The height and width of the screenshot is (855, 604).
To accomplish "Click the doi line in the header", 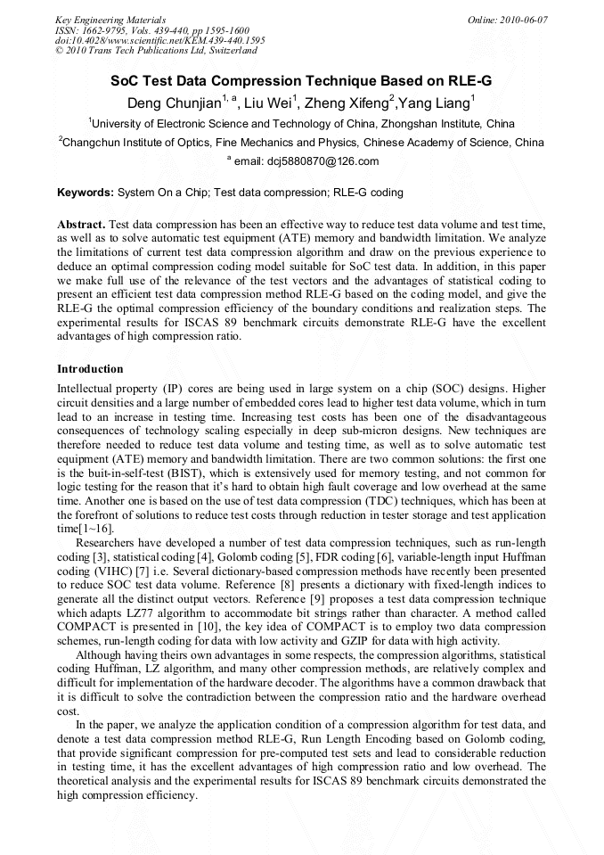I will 159,40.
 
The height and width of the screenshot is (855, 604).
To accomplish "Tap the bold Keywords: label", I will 86,192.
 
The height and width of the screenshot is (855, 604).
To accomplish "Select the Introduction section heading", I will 90,368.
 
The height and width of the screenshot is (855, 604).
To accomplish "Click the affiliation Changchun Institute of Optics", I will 166,142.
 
